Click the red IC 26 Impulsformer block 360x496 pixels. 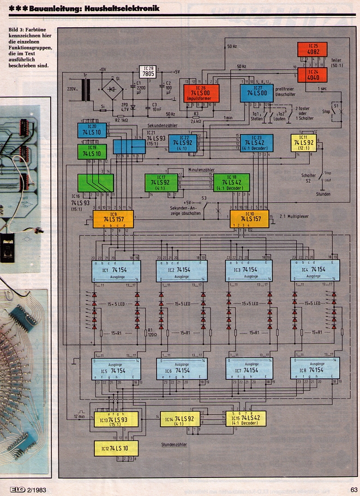(201, 93)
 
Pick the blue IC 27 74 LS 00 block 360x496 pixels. (256, 93)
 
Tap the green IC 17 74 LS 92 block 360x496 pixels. (161, 182)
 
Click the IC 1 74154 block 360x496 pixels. (117, 270)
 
